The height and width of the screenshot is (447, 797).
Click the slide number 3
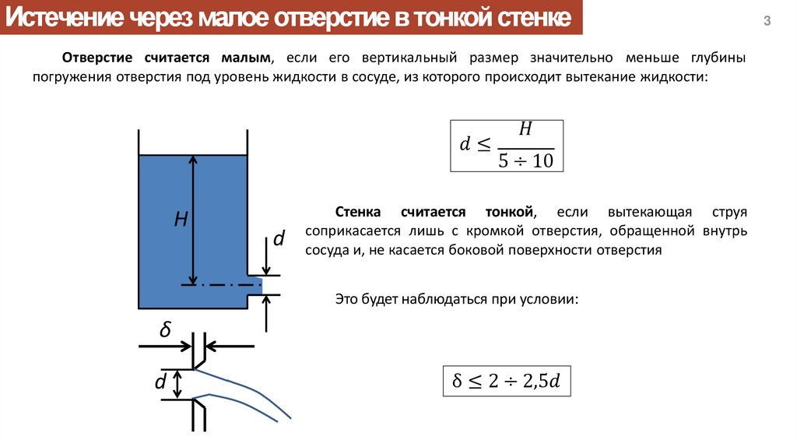click(x=767, y=22)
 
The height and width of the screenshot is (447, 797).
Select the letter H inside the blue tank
click(x=181, y=220)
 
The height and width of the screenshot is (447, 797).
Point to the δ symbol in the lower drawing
click(x=165, y=331)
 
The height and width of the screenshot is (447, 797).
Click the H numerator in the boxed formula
click(x=525, y=130)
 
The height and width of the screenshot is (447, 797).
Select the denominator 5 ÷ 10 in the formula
click(x=525, y=160)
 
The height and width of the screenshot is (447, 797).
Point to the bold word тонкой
click(x=509, y=212)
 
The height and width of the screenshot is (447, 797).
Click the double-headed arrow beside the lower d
click(x=178, y=384)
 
